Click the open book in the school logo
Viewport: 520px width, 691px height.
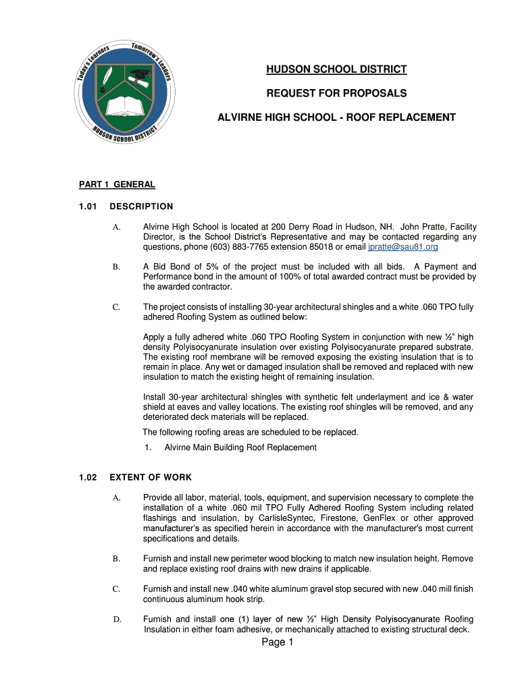126,105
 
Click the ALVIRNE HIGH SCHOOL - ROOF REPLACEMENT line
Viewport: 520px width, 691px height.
336,117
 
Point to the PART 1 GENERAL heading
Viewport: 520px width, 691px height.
117,184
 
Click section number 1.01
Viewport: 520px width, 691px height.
88,206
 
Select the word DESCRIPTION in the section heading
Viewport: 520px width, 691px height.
141,206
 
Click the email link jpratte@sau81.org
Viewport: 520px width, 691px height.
402,247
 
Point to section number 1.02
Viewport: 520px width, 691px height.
88,478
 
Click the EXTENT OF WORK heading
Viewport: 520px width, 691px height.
151,478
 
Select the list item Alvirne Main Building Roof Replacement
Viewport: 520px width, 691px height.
240,447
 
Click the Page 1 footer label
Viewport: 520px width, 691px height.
278,642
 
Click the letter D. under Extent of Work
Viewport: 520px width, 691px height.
116,619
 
